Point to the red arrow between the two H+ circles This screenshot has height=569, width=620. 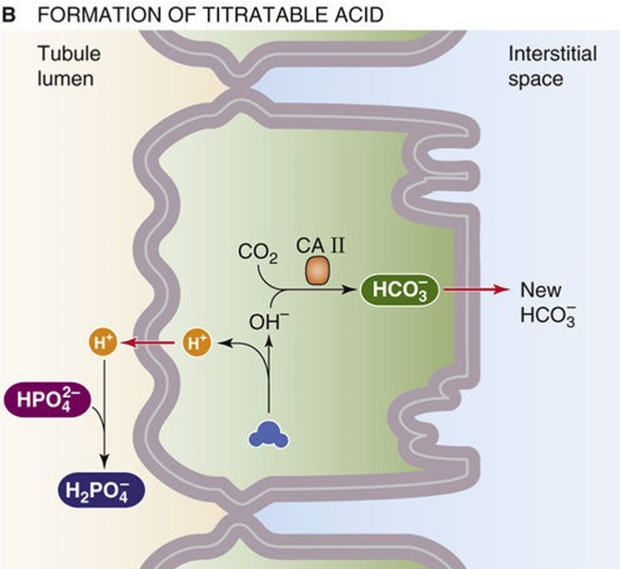tap(150, 344)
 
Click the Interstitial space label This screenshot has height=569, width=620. tap(552, 66)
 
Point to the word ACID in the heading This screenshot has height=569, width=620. tap(355, 15)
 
